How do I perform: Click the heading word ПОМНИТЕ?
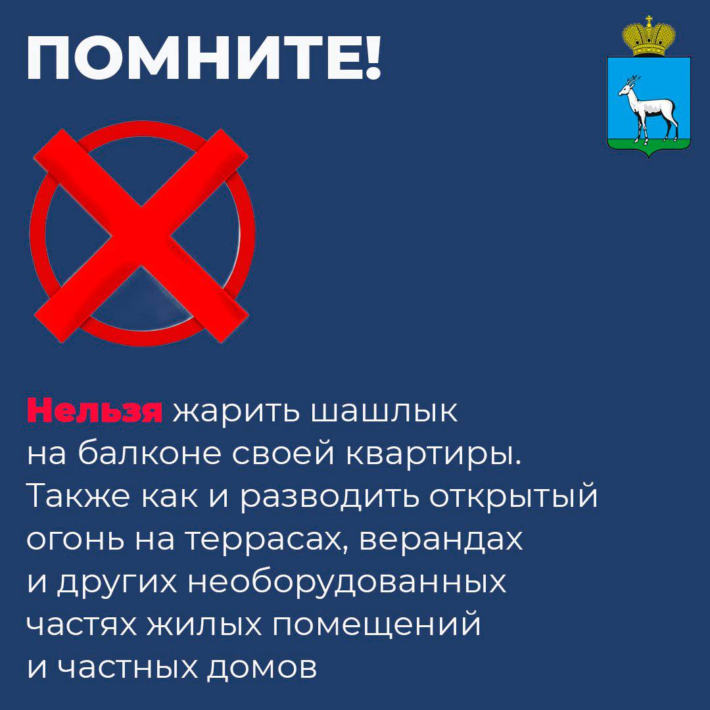[204, 57]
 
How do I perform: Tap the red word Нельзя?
[95, 411]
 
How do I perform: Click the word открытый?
[513, 496]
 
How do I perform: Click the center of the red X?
[141, 235]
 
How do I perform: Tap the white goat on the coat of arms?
[648, 108]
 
